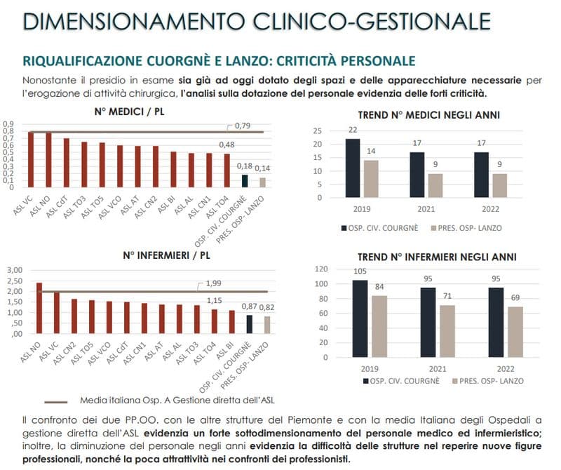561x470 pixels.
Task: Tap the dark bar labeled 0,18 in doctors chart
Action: click(x=245, y=181)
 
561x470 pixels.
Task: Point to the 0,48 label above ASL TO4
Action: click(x=226, y=145)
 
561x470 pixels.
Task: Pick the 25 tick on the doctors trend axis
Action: click(x=317, y=131)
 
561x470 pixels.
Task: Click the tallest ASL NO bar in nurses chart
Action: click(x=39, y=308)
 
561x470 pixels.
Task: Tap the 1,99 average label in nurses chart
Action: click(x=216, y=284)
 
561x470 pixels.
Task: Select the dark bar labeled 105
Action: click(x=360, y=318)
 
